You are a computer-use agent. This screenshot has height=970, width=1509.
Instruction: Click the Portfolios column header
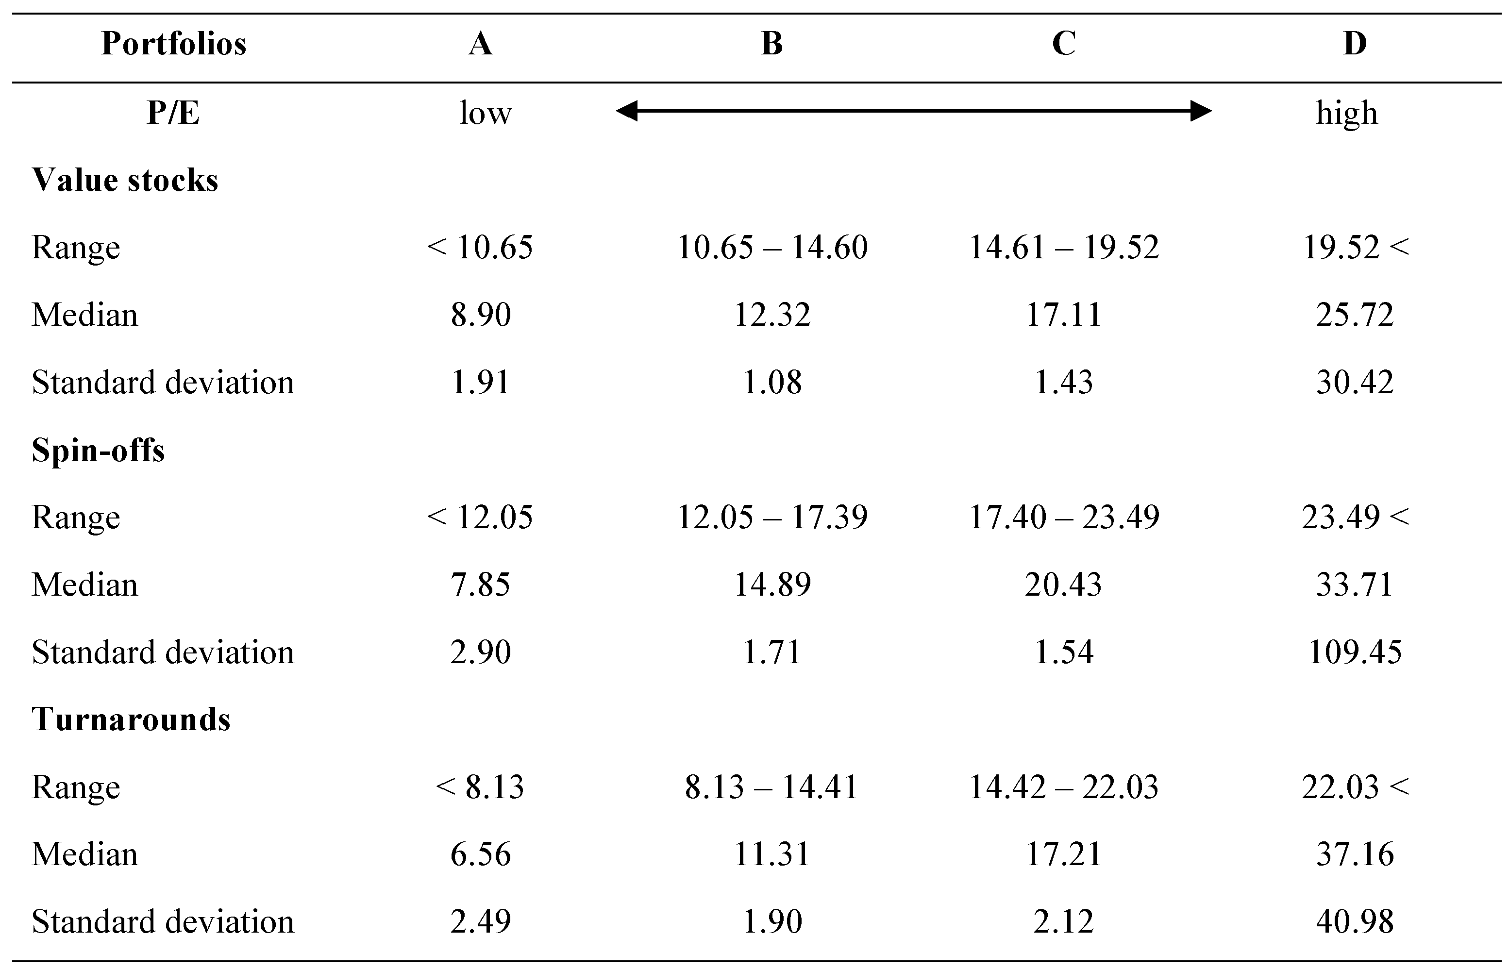pos(173,44)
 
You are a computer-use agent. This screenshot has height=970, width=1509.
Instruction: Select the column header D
pos(1355,44)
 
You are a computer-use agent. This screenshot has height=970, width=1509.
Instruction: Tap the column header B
pos(772,44)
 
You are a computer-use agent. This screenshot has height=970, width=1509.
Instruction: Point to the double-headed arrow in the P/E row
pos(913,112)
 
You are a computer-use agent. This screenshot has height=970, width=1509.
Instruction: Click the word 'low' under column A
pos(485,114)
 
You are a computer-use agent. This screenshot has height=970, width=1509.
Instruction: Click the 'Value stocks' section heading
pos(125,180)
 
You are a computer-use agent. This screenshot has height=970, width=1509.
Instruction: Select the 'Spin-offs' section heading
pos(98,451)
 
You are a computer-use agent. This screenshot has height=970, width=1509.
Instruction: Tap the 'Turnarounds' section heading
pos(131,719)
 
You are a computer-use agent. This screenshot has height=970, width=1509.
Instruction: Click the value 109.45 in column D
pos(1355,652)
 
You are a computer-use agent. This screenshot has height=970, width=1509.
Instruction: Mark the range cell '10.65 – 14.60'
pos(772,248)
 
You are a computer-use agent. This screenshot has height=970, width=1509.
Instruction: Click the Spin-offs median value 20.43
pos(1063,585)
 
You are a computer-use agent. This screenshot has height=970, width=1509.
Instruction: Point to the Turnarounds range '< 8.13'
pos(480,786)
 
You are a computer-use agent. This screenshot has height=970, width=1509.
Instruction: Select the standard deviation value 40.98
pos(1355,921)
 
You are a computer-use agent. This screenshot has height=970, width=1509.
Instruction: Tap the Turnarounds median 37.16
pos(1355,854)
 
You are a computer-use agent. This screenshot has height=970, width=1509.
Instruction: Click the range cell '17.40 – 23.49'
pos(1064,517)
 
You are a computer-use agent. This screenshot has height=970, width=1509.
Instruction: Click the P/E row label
pos(173,114)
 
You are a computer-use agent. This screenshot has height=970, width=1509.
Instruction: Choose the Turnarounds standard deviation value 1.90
pos(772,921)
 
